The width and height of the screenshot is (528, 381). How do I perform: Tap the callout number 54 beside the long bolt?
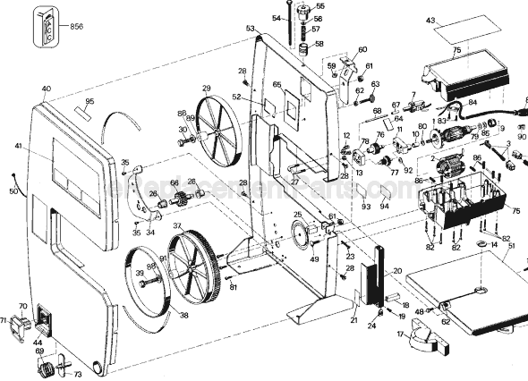click(x=277, y=17)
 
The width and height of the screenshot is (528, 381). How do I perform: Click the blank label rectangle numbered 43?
click(x=456, y=30)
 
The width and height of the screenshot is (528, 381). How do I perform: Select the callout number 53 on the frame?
click(x=251, y=30)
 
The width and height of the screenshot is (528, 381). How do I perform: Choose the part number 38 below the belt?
click(x=183, y=315)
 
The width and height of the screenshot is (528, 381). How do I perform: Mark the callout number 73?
click(x=77, y=374)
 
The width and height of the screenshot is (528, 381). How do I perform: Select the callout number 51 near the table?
click(x=511, y=247)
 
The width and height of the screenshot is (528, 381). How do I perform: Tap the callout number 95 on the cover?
click(x=89, y=103)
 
